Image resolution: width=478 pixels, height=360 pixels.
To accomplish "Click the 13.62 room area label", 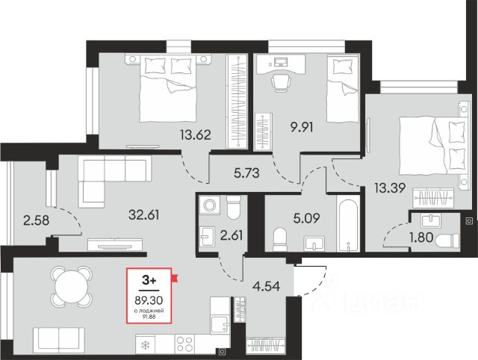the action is (x=196, y=134).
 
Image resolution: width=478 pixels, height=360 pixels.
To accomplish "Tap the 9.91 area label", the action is (x=302, y=127).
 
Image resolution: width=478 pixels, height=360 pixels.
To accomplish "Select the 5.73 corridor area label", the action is (x=246, y=173).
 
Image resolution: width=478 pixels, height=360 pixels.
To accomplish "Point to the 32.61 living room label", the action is (x=144, y=215).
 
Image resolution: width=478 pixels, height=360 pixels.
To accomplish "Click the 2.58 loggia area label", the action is (x=36, y=220).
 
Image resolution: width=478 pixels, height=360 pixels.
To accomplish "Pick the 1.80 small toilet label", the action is (x=421, y=238).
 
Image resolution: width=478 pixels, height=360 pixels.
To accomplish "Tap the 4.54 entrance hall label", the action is (x=267, y=287).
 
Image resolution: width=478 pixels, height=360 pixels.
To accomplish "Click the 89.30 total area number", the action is (x=149, y=300).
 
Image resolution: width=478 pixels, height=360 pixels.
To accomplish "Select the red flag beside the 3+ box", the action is (x=175, y=278).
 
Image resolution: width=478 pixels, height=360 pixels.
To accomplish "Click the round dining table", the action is (x=72, y=287).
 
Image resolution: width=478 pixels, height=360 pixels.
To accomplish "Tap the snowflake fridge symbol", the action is (x=145, y=345).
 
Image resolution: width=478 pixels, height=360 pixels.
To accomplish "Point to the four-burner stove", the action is (x=184, y=344).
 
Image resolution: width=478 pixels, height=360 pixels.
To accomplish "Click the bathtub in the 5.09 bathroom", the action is (x=348, y=223).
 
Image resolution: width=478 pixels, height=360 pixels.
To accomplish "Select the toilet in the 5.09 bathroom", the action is (x=279, y=240).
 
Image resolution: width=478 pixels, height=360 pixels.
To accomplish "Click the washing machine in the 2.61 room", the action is (x=210, y=205).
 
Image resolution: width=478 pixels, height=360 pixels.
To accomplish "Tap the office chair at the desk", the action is (x=281, y=83).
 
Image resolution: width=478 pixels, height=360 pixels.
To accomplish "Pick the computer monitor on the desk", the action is (x=281, y=62).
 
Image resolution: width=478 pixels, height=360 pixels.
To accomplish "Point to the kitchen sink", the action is (x=220, y=325).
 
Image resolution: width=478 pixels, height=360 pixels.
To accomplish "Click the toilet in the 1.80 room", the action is (x=447, y=240).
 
